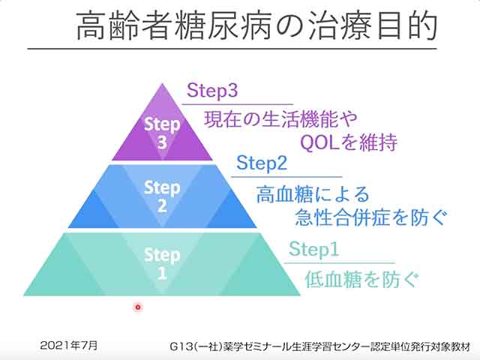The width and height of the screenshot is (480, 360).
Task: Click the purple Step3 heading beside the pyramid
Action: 212,91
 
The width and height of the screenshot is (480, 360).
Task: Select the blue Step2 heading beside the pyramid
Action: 262,163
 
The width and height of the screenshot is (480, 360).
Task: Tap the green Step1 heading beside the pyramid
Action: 313,249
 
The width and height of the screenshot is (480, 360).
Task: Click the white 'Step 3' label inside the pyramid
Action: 162,133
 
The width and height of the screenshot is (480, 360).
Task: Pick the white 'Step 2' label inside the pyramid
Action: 162,196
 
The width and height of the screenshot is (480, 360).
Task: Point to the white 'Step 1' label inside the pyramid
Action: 162,263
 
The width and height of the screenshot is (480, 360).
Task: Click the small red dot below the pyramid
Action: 138,307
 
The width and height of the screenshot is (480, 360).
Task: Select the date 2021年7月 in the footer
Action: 69,346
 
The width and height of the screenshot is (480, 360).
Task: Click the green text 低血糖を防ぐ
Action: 361,279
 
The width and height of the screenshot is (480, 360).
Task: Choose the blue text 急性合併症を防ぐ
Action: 370,217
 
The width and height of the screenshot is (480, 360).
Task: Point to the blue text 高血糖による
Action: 313,195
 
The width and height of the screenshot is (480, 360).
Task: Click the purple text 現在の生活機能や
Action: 280,119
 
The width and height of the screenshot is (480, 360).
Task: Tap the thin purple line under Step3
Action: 238,105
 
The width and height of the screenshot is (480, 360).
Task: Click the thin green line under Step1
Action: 340,262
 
